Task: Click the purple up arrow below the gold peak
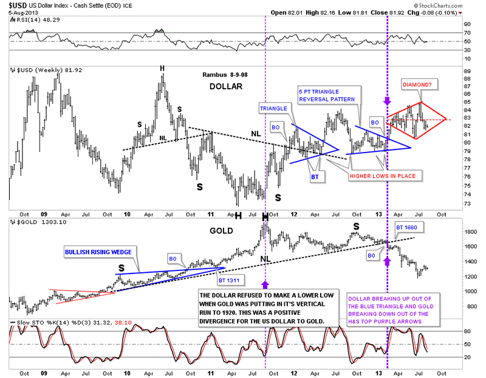coord(265,283)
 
